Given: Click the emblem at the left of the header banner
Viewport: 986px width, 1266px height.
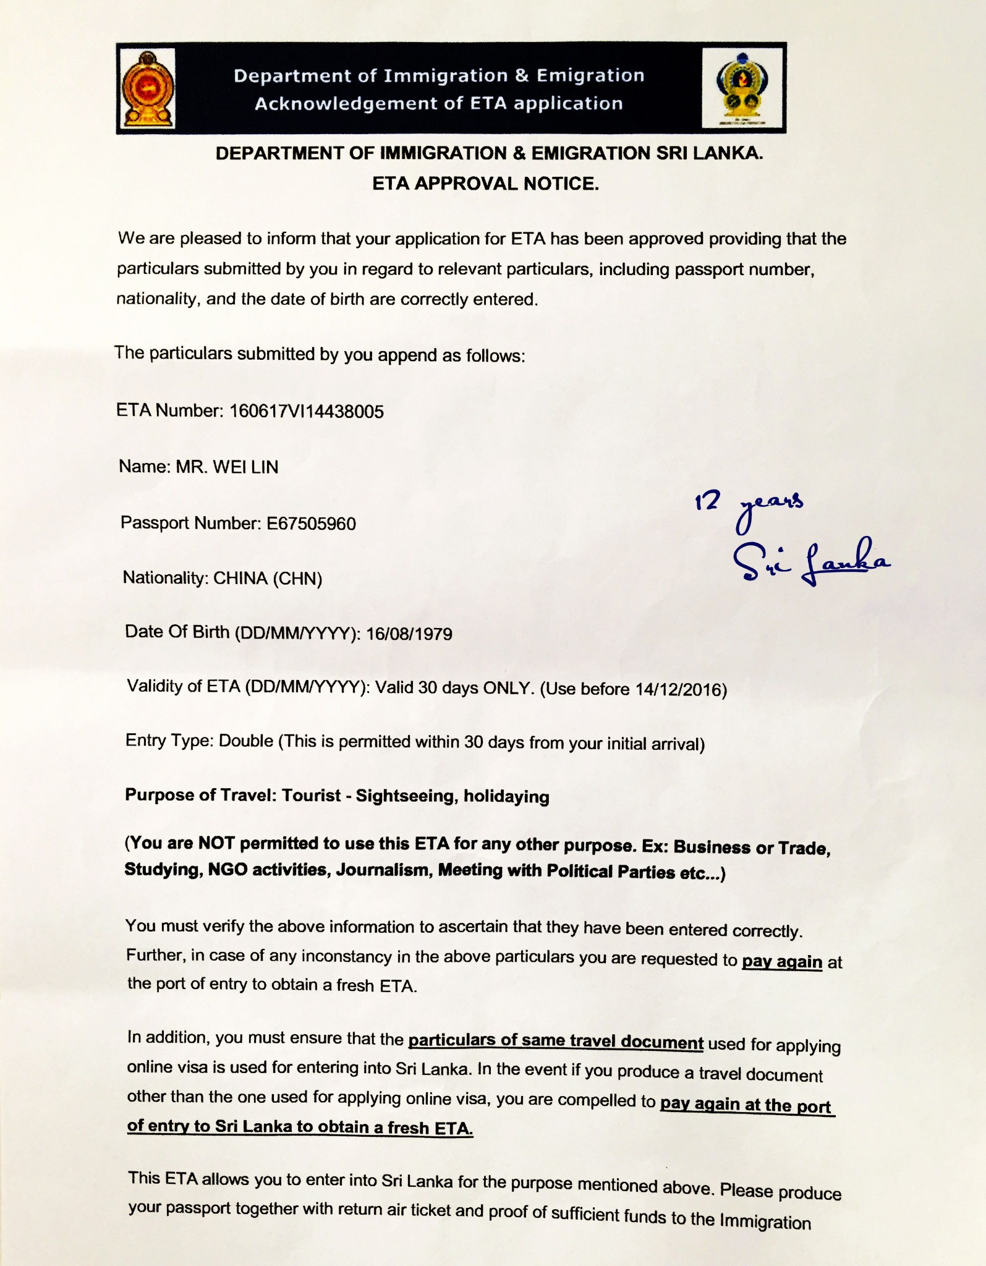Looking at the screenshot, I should tap(148, 88).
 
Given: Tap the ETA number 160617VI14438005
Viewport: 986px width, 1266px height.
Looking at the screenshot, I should tap(306, 411).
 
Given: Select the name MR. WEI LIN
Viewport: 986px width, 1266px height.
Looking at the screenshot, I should tap(227, 467).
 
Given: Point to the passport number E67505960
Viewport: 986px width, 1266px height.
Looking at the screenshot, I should tap(311, 524).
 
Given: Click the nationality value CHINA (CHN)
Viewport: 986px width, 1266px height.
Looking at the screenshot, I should tap(268, 579).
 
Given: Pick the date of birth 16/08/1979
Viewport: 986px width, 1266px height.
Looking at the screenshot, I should tap(409, 634).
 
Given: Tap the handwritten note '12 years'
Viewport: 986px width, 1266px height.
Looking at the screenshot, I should tap(749, 506).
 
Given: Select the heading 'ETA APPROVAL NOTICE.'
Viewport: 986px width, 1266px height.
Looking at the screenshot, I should tap(485, 184).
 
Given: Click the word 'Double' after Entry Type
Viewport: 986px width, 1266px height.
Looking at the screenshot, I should tap(246, 741).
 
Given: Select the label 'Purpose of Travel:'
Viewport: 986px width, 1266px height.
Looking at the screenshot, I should tap(201, 795).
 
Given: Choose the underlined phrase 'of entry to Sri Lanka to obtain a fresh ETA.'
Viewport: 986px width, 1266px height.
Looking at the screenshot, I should tap(300, 1126).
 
